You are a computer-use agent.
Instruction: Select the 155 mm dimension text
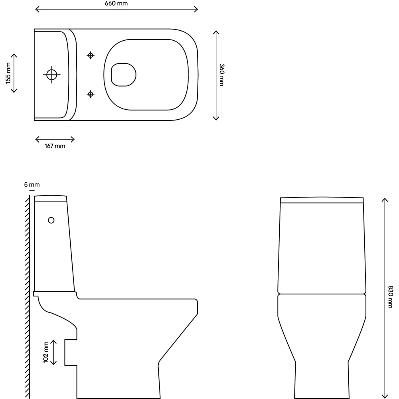point(8,74)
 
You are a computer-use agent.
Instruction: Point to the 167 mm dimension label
point(55,146)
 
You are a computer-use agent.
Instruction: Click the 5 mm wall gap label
point(32,184)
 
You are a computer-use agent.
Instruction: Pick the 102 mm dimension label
point(46,352)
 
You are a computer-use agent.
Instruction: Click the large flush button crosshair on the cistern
point(52,74)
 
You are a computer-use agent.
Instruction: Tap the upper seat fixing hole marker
point(91,55)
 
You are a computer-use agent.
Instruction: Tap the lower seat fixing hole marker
point(91,94)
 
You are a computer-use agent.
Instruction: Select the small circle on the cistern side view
point(51,220)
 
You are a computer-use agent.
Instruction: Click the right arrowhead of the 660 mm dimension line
point(197,9)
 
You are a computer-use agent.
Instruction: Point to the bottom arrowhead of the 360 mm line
point(216,119)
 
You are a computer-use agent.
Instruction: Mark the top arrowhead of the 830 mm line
point(385,199)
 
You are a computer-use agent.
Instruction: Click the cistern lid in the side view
point(51,198)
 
